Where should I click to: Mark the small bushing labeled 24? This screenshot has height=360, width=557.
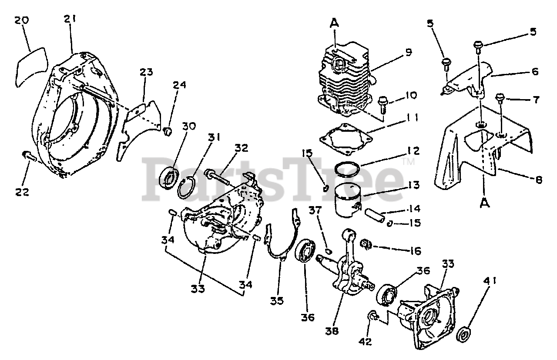(168, 130)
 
